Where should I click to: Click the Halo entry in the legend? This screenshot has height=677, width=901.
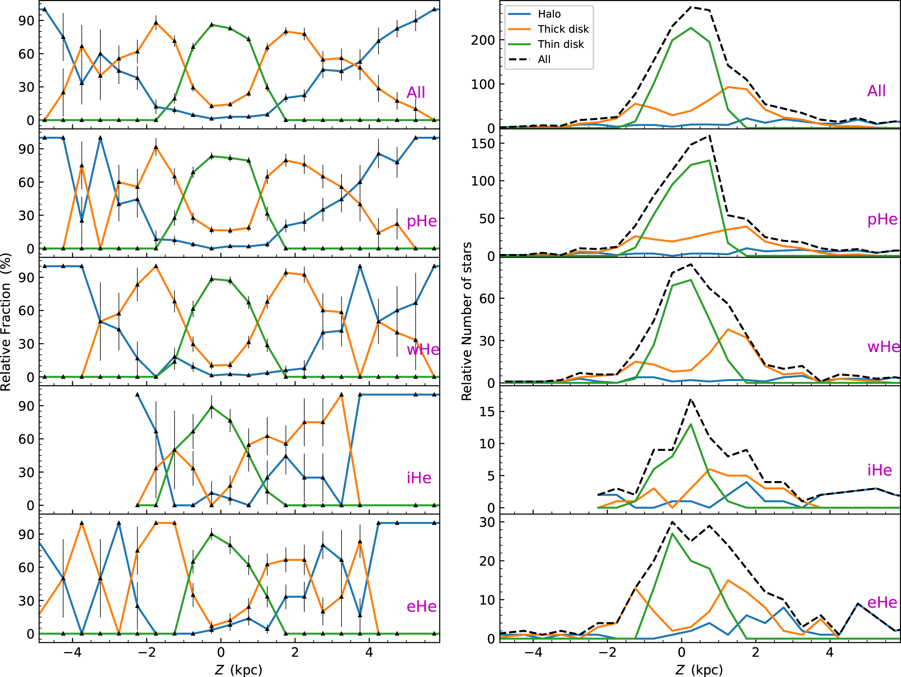click(549, 14)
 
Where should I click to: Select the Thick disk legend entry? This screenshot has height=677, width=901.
click(563, 29)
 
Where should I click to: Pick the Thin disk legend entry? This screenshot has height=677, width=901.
click(560, 44)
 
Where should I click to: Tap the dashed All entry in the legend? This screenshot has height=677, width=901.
click(544, 59)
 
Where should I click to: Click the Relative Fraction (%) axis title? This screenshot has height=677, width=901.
click(6, 322)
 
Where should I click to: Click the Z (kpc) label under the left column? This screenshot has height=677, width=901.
click(239, 670)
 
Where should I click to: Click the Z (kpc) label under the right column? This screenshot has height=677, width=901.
click(699, 670)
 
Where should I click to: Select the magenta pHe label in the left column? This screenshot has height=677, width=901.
click(422, 221)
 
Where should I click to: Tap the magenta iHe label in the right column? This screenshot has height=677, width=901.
click(879, 470)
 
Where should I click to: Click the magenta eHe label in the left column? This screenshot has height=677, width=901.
click(421, 606)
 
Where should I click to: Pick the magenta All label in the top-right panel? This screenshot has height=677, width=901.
click(876, 91)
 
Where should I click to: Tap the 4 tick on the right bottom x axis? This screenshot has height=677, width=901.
click(830, 653)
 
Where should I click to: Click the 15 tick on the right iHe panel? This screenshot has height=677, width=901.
click(487, 412)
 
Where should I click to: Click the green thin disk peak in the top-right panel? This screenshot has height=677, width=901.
click(691, 28)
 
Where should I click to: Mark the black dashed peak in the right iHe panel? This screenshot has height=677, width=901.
click(691, 399)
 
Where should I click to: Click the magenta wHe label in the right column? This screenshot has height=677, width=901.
click(884, 347)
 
